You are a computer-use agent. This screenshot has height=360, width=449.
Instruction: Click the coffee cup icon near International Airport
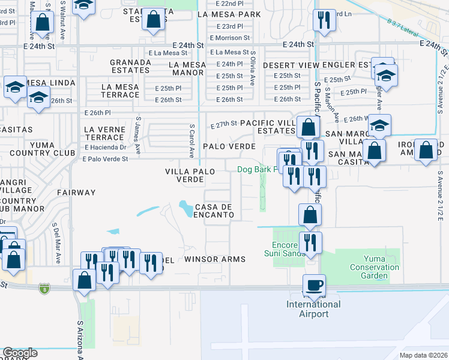[x=313, y=284]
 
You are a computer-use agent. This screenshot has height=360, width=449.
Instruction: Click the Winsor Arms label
[x=215, y=259]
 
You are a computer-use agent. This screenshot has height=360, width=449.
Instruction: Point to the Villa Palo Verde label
[x=190, y=175]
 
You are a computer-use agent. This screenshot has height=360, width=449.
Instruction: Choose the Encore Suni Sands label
[x=289, y=249]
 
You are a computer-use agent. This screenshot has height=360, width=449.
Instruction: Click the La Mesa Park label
[x=232, y=14]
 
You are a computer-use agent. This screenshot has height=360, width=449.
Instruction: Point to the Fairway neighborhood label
[x=76, y=193]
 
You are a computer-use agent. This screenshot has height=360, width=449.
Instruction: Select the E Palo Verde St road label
[x=106, y=159]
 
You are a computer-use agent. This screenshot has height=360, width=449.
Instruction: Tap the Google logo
[x=20, y=353]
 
